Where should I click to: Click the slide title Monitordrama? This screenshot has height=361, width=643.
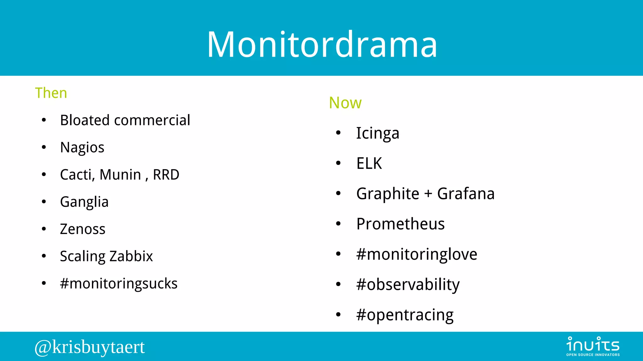[x=322, y=45]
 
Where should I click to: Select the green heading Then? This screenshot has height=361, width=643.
[x=51, y=93]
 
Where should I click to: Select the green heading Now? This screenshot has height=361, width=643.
[x=345, y=103]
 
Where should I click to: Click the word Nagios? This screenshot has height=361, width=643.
[x=82, y=148]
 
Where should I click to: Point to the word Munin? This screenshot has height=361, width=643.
[x=120, y=175]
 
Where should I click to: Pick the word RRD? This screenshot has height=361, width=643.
[x=166, y=175]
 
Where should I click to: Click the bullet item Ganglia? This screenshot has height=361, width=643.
[x=84, y=202]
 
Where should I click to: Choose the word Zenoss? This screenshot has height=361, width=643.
[x=83, y=229]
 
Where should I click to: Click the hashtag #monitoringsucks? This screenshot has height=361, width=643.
[x=119, y=284]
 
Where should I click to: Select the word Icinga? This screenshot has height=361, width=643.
[x=377, y=133]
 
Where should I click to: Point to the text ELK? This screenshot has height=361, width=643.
[x=369, y=164]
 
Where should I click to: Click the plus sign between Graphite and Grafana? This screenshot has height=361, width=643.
[x=428, y=194]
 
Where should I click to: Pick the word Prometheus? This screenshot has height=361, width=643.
[x=400, y=224]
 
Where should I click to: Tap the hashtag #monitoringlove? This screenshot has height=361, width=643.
[x=417, y=254]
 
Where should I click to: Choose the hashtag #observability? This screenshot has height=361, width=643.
[x=408, y=285]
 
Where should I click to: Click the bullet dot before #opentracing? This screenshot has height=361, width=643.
[x=338, y=315]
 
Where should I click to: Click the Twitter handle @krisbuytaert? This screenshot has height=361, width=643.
[x=89, y=347]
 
